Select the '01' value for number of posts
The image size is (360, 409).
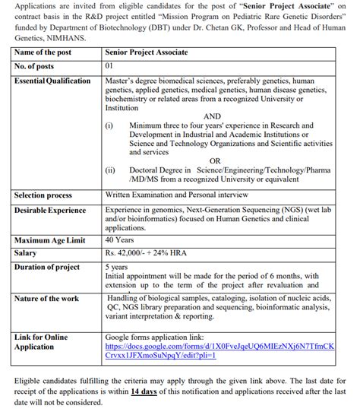pos(110,67)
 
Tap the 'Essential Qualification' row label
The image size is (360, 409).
pos(52,81)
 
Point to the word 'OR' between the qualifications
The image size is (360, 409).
pos(215,161)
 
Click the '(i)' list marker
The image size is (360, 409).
pos(110,125)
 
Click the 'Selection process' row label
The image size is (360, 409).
pos(43,195)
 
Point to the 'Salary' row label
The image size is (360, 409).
pos(26,252)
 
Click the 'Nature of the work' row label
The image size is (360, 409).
pos(47,298)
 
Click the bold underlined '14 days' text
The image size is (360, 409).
pos(144,392)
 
